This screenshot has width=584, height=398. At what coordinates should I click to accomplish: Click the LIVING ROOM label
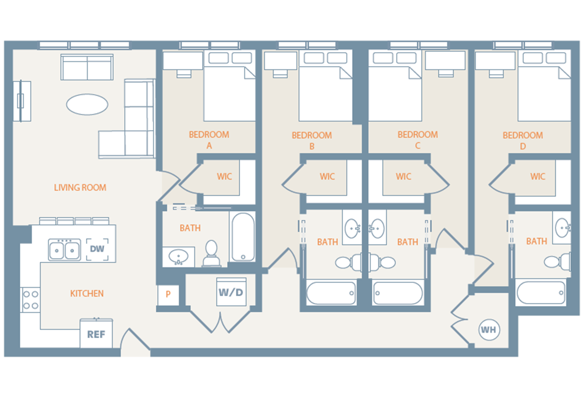tap(80, 187)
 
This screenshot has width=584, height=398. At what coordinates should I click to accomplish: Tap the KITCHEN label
tap(87, 293)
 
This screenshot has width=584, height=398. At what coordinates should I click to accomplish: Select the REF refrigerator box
tap(96, 334)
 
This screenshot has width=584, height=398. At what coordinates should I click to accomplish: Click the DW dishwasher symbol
tap(97, 249)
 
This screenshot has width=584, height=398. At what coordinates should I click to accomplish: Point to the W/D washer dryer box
tap(231, 292)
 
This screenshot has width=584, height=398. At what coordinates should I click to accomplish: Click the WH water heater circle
tap(489, 330)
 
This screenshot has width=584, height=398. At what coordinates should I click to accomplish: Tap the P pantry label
tap(168, 294)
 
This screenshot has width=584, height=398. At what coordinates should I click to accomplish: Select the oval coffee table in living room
tap(87, 104)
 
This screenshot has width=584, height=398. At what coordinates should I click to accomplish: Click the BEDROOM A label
tap(209, 140)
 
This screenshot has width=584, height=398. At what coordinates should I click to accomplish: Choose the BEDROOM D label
tap(523, 140)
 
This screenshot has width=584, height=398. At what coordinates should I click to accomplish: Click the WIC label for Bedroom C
tap(404, 176)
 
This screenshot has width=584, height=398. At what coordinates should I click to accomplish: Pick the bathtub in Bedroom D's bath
tap(541, 293)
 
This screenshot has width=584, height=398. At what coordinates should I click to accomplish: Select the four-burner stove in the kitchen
tap(30, 300)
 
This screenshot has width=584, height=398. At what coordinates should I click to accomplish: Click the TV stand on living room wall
tap(22, 101)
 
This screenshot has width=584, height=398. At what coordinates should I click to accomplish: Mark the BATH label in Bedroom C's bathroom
tap(408, 242)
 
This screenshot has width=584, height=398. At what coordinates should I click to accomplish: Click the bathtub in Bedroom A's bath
tap(243, 237)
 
